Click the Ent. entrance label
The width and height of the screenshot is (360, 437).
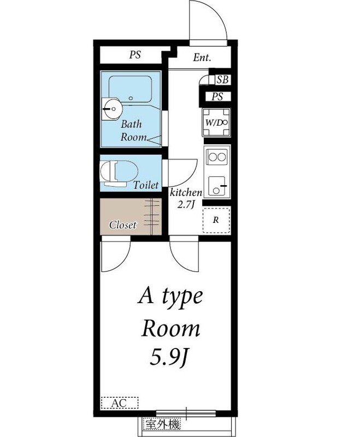tap(202, 58)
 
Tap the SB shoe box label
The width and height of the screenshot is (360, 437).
tap(222, 80)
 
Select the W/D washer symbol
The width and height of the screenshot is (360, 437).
tap(217, 123)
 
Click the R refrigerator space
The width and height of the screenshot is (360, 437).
tap(216, 221)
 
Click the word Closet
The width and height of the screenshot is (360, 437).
tap(123, 225)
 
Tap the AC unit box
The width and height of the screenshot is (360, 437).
tap(120, 403)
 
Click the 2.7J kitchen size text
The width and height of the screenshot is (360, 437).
tap(186, 205)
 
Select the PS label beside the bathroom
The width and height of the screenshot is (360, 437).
tap(134, 55)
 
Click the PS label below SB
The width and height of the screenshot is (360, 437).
tap(218, 97)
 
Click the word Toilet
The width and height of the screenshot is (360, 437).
tap(146, 186)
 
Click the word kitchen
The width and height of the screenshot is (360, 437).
tap(186, 193)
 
